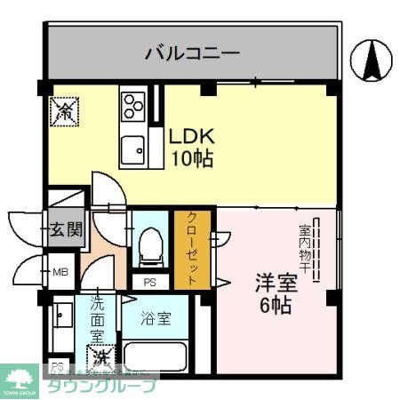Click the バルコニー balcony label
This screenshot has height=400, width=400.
pos(192,53)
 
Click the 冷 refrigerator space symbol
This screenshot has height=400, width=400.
pos(66,111)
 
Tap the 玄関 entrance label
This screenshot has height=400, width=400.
pos(65,229)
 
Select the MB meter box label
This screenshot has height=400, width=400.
pos(60,271)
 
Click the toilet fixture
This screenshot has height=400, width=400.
pos(152,244)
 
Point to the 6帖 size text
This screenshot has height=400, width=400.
pos(276,305)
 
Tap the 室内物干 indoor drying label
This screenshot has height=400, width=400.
pos(304,247)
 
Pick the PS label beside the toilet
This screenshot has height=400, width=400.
pos(149,283)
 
